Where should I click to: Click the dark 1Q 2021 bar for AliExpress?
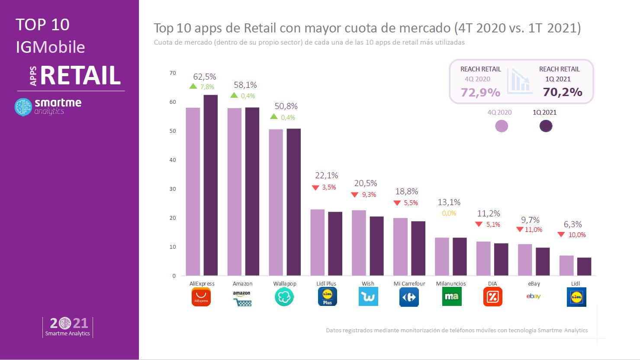coord(211,185)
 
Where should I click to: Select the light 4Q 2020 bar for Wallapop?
coord(276,202)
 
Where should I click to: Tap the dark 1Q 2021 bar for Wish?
coord(376,246)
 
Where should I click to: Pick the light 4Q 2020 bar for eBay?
coord(525,260)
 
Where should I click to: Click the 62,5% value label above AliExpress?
coord(205,77)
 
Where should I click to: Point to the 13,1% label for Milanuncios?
coord(449,202)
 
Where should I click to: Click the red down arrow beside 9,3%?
coord(355,195)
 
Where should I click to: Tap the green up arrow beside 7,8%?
coord(193,87)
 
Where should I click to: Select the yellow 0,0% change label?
coord(449,213)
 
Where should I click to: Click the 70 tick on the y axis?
coord(173,73)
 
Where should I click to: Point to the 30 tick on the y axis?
coord(173,189)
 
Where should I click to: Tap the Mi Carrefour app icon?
coord(409,297)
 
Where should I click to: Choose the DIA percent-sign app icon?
coord(492,297)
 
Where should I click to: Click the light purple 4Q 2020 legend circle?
coord(501,126)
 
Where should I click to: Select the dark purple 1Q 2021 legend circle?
coord(546,126)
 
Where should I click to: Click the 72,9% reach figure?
coord(480,92)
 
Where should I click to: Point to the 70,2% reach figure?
coord(563,92)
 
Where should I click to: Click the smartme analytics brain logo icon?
coord(23,107)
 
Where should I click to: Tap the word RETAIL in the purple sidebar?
coord(80,75)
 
